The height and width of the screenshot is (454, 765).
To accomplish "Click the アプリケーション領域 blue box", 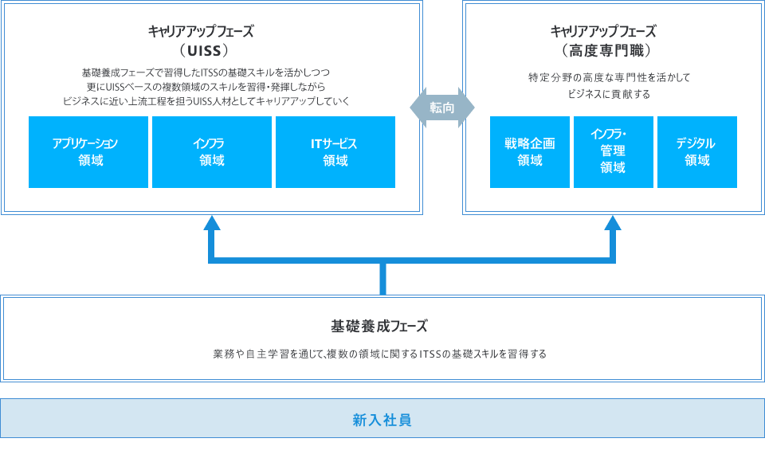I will click(x=88, y=152).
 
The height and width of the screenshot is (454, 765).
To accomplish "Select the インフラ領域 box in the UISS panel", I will click(x=212, y=152).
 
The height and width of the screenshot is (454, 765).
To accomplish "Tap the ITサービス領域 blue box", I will click(x=335, y=152).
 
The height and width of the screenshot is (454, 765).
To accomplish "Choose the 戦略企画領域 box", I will click(x=530, y=152).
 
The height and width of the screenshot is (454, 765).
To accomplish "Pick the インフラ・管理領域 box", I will click(x=614, y=152).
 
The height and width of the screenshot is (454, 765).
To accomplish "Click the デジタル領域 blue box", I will click(x=697, y=152).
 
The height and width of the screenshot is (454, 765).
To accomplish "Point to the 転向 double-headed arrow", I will click(x=442, y=108).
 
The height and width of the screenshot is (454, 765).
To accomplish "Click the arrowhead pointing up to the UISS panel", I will click(x=212, y=224).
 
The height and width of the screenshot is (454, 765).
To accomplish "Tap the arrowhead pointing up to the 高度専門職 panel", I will click(x=613, y=224).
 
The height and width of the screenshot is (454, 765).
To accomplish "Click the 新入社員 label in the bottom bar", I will click(x=382, y=419).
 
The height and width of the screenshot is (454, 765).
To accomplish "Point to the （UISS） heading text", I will click(x=204, y=51).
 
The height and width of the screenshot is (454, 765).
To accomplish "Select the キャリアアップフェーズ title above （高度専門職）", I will click(x=603, y=32).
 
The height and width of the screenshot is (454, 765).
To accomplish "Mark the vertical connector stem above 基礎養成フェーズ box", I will click(x=383, y=279).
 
